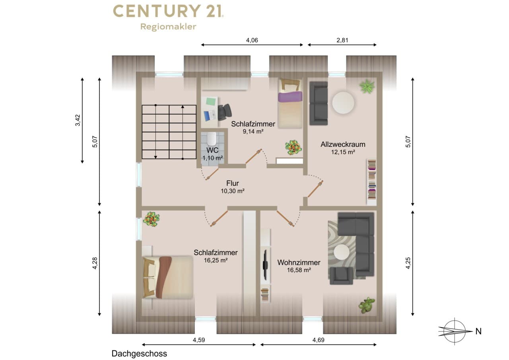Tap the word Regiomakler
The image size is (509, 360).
168,27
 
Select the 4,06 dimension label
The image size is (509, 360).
252,40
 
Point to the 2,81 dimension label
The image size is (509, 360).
342,40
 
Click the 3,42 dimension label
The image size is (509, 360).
78,120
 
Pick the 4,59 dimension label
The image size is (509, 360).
199,340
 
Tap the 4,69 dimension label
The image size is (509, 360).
319,340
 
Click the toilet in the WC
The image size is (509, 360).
212,138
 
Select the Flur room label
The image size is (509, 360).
233,183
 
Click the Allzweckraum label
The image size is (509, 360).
343,144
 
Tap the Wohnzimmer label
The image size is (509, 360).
299,263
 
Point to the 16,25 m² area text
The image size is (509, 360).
216,260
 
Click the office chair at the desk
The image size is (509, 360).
225,112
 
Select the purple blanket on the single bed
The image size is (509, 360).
290,97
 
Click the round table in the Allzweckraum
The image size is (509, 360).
343,103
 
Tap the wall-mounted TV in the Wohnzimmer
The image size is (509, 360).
265,265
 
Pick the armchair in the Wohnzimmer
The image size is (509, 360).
341,275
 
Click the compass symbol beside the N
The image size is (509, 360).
455,331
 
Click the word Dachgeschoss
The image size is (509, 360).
139,354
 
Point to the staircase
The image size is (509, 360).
169,132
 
